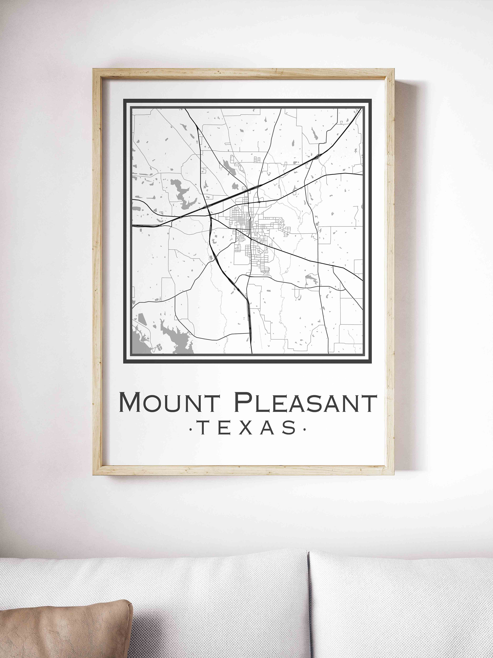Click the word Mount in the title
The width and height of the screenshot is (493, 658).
[x=169, y=402]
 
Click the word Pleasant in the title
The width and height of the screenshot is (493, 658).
[x=305, y=402]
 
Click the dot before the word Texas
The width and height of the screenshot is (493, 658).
[x=190, y=429]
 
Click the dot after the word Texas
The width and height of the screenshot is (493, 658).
[x=304, y=429]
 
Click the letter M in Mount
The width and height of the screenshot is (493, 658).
[x=130, y=402]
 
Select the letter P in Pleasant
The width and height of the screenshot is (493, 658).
[x=243, y=402]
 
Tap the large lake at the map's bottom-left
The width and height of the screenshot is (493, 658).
[x=175, y=336]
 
